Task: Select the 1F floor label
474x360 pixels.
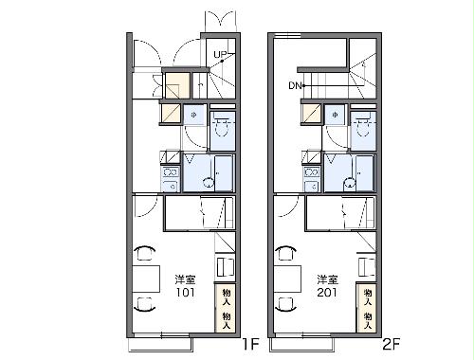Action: pos(249,344)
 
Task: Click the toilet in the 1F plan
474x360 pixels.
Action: pos(223,129)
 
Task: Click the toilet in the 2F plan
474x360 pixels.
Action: pos(363,129)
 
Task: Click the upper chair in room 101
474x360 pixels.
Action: pos(143,252)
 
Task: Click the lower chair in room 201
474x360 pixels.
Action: pos(283,303)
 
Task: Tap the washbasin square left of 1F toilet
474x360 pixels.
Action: pos(192,116)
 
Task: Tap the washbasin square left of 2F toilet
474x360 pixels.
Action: pos(334,116)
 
